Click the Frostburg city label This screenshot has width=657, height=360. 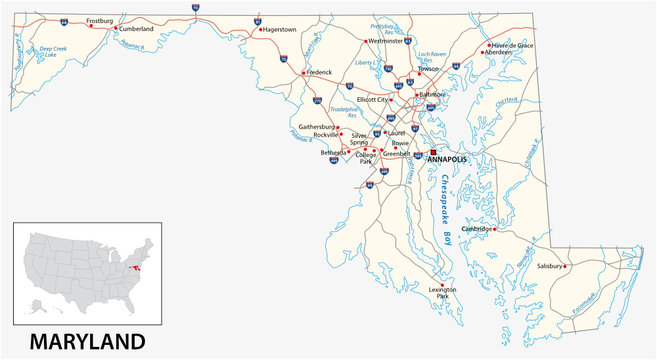100,20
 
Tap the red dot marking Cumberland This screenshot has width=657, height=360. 116,29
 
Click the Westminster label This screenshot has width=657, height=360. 384,41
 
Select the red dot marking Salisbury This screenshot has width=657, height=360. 565,267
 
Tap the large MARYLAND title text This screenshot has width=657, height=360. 86,341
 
